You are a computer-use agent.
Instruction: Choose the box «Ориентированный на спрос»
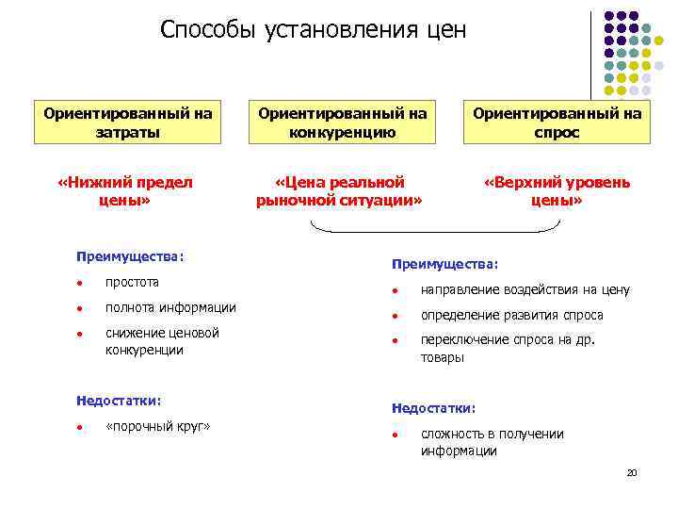click(557, 123)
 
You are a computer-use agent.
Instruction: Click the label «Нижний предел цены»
click(125, 190)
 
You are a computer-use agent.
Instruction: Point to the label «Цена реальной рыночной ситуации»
click(340, 190)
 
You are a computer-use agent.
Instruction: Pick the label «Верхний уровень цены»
click(557, 190)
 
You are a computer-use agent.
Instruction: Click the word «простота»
click(133, 282)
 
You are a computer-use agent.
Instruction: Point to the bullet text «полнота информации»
click(170, 307)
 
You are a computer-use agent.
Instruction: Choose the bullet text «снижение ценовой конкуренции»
click(162, 341)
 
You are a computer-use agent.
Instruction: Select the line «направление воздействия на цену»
click(525, 290)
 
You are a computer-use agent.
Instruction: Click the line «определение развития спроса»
click(511, 315)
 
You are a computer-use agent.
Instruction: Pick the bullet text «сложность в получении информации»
click(492, 442)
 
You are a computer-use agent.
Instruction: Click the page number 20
click(632, 472)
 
